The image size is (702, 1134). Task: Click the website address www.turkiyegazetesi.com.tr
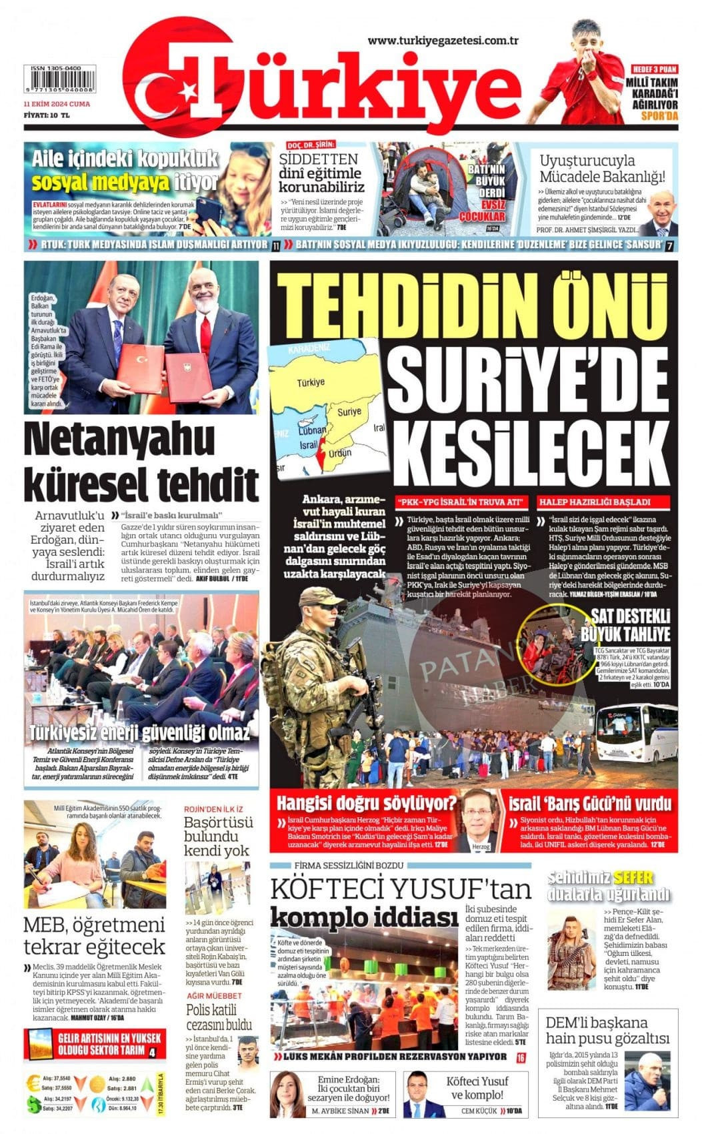click(443, 41)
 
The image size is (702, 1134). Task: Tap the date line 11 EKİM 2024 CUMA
click(57, 104)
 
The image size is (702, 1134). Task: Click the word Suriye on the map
click(349, 412)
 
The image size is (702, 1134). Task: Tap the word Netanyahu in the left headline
click(111, 440)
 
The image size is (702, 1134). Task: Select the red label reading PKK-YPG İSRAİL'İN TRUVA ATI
click(461, 502)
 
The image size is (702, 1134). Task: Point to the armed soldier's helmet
click(319, 600)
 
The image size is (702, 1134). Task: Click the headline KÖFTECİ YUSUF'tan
click(401, 889)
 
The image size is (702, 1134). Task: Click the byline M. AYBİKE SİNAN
click(340, 1111)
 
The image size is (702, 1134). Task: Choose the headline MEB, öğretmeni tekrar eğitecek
click(94, 936)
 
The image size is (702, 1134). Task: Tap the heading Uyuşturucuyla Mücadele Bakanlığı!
click(601, 169)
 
